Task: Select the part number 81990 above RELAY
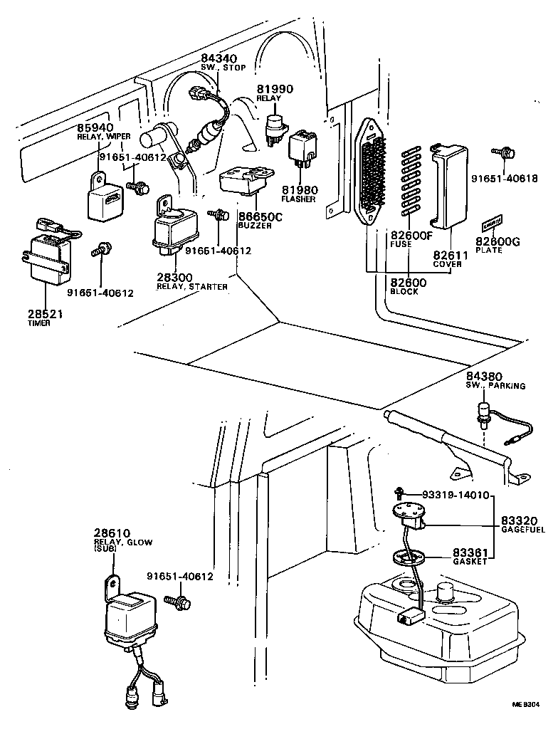click(x=275, y=89)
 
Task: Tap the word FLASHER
click(x=298, y=199)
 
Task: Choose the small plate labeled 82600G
click(x=490, y=225)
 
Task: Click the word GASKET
click(x=470, y=561)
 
